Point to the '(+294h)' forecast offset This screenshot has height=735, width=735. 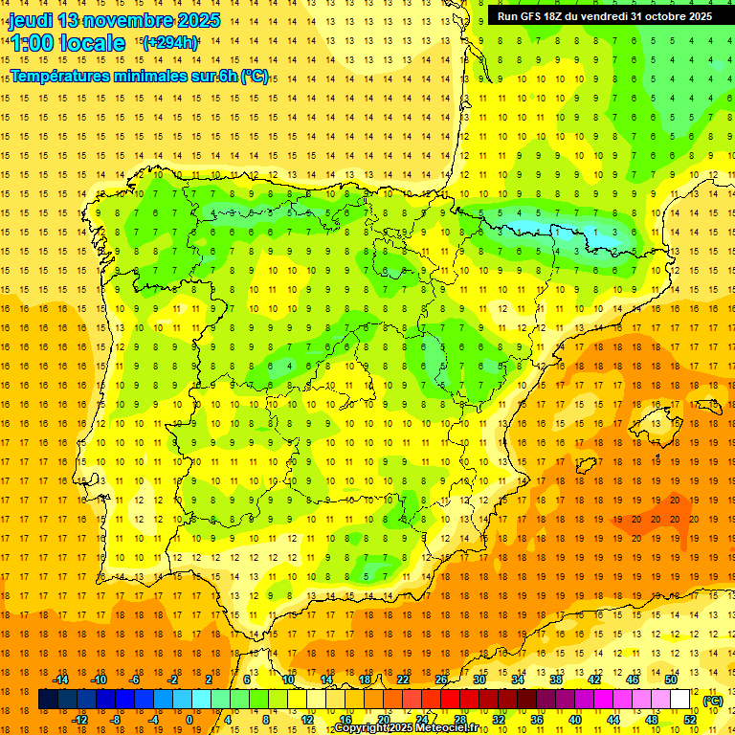point(170,42)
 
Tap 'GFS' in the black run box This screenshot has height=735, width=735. point(534,16)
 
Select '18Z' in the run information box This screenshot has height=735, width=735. point(562,16)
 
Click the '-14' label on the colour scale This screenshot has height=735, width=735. point(60,679)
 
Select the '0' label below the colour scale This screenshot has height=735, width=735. point(189,720)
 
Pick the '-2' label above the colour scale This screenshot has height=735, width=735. point(173,679)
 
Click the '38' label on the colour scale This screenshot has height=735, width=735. point(556,679)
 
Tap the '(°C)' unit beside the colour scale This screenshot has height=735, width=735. point(713,701)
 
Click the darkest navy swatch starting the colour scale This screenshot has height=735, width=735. point(48,701)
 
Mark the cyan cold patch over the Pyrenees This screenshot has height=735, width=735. point(536,227)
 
